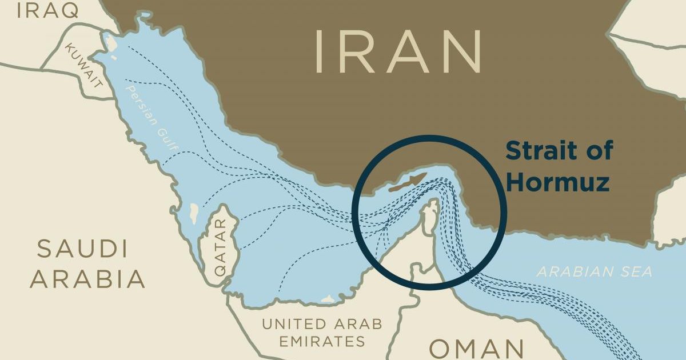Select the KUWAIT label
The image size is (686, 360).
coord(85,64)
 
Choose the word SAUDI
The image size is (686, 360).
coord(82,250)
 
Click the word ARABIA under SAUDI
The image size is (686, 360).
coord(87,279)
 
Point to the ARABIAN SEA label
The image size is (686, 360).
coord(594,271)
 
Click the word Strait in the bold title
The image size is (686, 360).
coord(543,151)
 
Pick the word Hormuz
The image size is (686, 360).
coord(557,182)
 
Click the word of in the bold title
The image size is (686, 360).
coord(598,151)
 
